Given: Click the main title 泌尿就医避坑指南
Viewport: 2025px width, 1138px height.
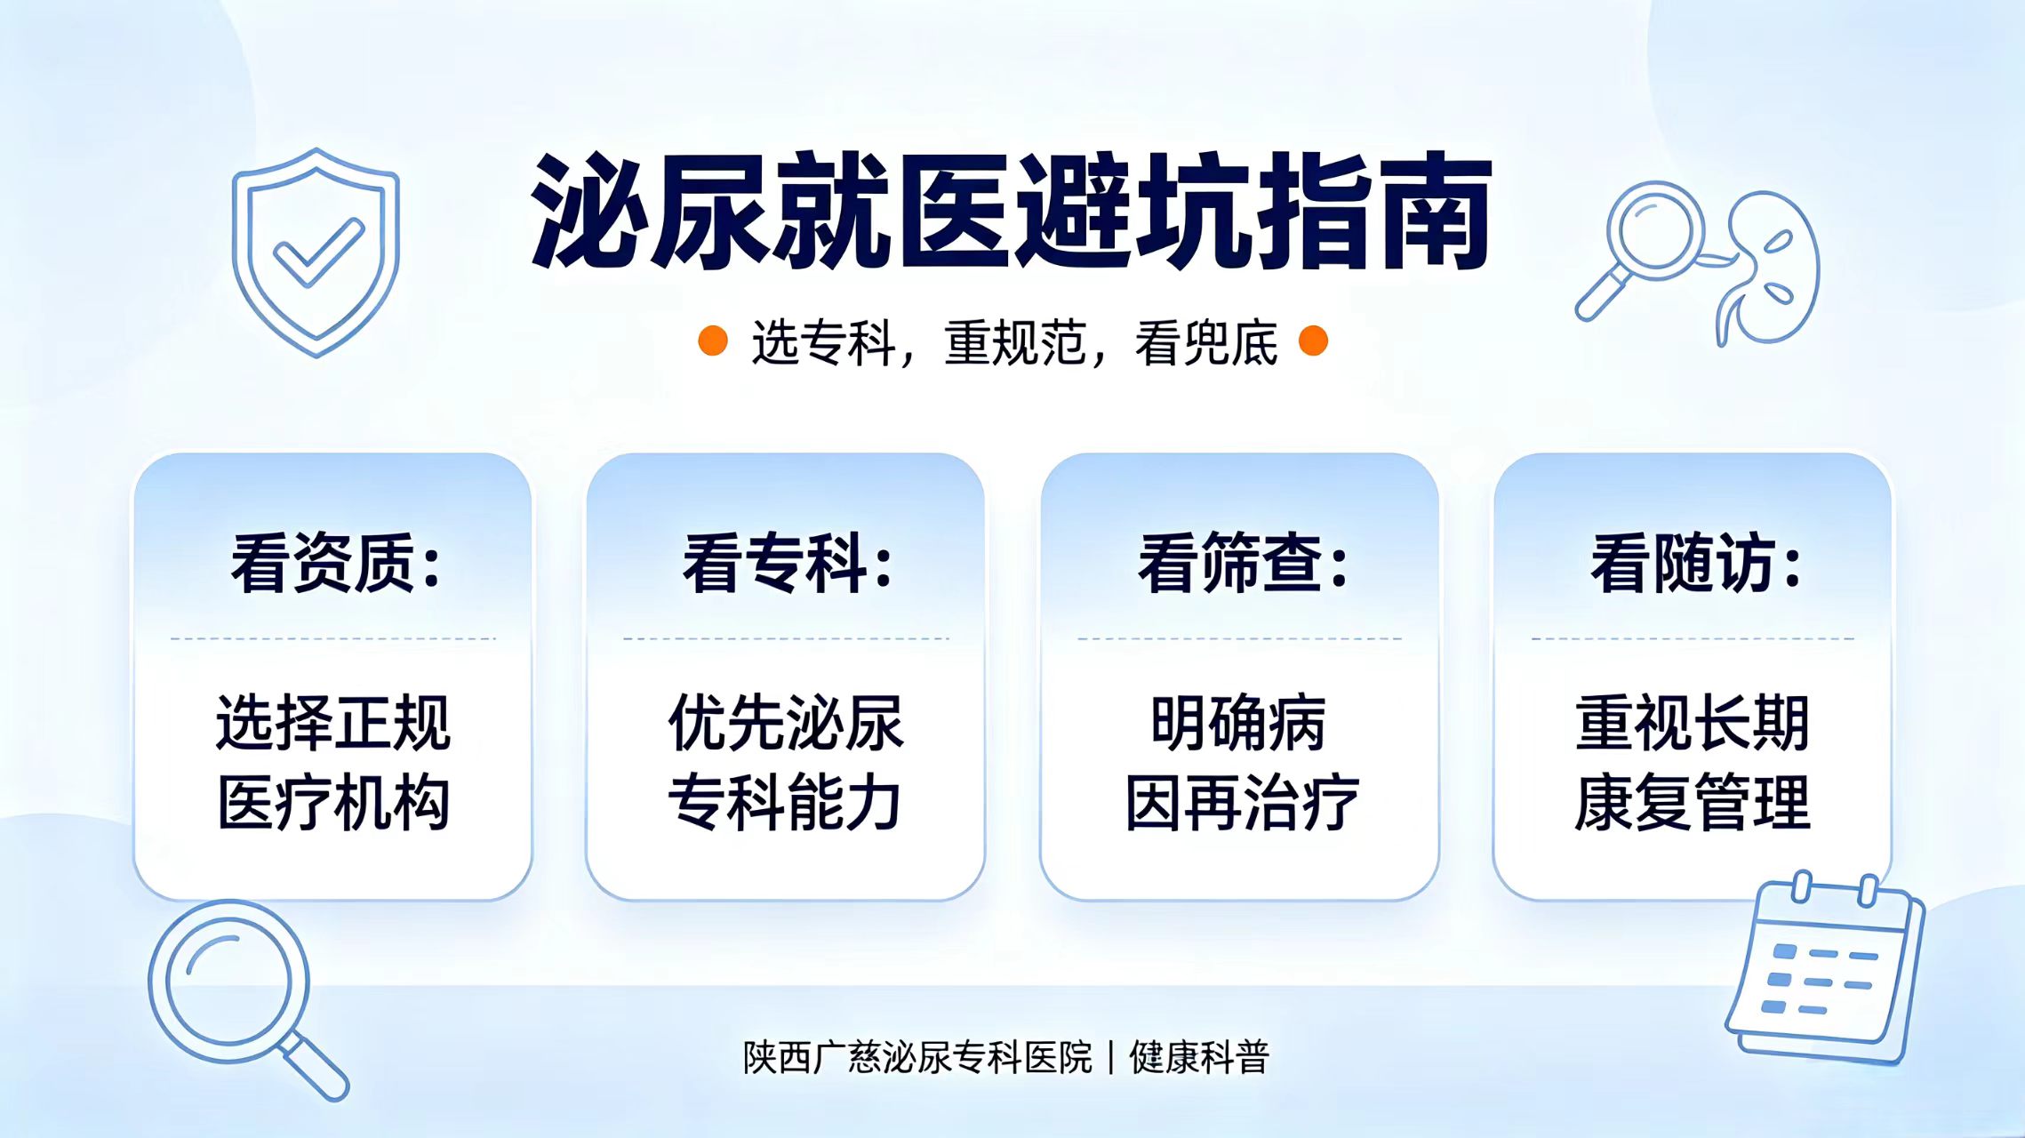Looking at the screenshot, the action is [1012, 211].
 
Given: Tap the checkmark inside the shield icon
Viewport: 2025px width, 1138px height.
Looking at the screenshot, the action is [317, 253].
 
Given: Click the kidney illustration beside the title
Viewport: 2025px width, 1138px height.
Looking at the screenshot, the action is [1769, 267].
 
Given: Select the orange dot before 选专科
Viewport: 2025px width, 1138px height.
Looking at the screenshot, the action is [713, 341].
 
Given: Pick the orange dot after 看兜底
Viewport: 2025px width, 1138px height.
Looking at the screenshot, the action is [1313, 341].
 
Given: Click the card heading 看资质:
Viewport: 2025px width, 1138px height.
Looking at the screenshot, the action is [336, 563].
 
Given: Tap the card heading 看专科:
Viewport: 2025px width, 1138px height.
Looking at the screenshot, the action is [788, 563].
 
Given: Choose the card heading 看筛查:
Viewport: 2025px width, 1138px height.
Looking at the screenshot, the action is [1243, 563].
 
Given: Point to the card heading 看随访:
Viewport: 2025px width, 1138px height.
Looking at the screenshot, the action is [1695, 563].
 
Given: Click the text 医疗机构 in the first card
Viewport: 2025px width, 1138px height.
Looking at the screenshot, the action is [333, 803].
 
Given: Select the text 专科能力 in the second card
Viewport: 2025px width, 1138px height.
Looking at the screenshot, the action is [786, 803].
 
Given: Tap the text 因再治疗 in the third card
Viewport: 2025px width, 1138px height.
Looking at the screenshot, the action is [1242, 803].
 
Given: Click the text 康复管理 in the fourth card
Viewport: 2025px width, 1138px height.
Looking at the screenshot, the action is [1693, 803].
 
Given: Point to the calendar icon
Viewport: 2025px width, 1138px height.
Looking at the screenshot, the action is [1824, 969].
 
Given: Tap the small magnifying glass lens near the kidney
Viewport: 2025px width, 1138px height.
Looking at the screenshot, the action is [1655, 229].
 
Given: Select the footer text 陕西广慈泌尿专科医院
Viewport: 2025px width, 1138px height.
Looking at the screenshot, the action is [917, 1057].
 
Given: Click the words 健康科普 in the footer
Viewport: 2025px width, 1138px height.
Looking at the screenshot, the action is [1199, 1057].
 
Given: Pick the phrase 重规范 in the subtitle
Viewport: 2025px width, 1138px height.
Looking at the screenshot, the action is [1014, 342].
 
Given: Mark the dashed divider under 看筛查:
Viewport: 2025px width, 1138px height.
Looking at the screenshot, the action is [1240, 638].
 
